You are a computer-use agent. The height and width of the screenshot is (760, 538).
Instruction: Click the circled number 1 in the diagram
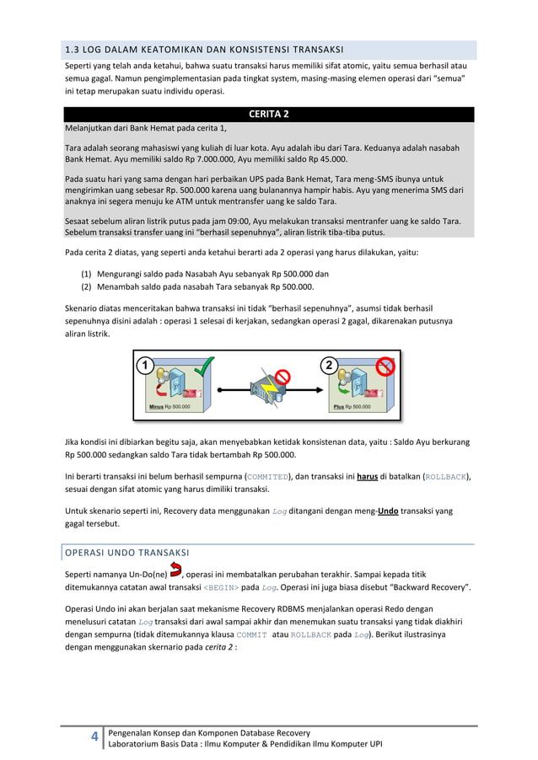click(x=145, y=366)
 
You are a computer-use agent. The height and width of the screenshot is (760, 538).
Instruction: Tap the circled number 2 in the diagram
click(x=328, y=366)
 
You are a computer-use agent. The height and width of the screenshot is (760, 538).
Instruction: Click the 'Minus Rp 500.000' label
click(x=169, y=407)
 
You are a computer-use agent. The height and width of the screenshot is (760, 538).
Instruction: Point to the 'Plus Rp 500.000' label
click(x=352, y=407)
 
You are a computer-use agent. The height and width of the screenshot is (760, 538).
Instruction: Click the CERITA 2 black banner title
click(x=269, y=115)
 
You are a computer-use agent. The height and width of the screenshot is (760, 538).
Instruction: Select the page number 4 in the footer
click(x=94, y=738)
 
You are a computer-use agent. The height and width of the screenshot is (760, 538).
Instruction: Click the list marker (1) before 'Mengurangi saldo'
click(x=87, y=274)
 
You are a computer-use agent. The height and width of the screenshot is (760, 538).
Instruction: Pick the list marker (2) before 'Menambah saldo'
click(x=87, y=286)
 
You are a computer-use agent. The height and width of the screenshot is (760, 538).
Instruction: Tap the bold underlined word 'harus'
click(x=367, y=476)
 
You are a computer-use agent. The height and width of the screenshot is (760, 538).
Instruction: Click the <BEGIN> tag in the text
click(x=222, y=587)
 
